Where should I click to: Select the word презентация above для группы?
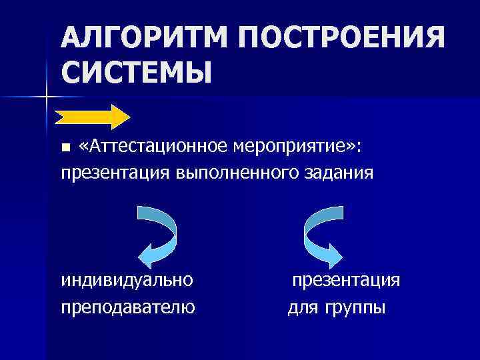pyautogui.click(x=346, y=280)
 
